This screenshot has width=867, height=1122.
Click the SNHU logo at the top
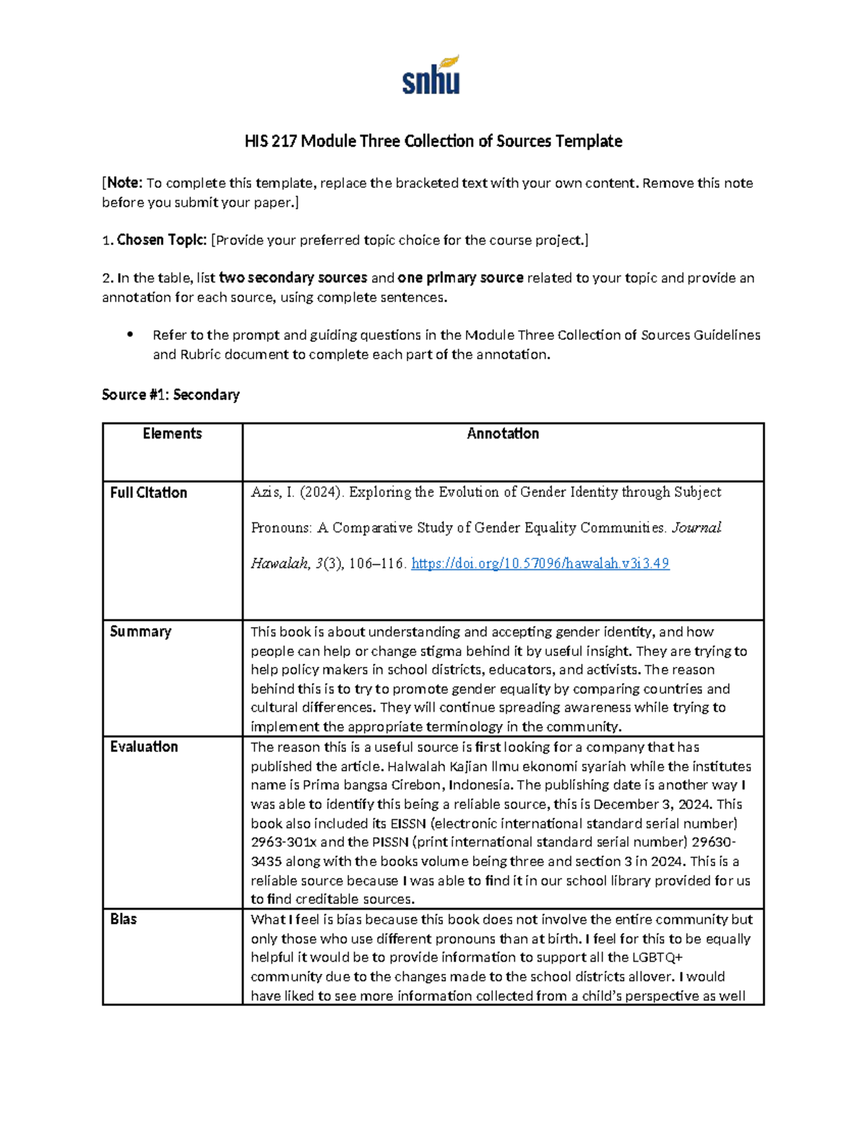[x=431, y=76]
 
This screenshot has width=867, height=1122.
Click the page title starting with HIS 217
[x=433, y=141]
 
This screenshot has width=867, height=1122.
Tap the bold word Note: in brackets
[x=125, y=183]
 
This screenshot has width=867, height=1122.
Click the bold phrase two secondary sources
[x=293, y=277]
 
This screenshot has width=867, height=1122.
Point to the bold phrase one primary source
[x=460, y=277]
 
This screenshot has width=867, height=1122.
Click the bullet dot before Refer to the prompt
[x=130, y=335]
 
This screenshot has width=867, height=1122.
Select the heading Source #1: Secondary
[x=171, y=394]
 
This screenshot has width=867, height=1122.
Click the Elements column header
[x=172, y=433]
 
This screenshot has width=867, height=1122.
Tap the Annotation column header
[x=503, y=433]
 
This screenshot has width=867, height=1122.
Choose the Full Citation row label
[x=148, y=493]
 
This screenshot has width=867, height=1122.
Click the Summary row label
[x=140, y=631]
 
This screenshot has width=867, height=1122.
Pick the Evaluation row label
[x=144, y=746]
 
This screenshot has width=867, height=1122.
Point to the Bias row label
[x=123, y=919]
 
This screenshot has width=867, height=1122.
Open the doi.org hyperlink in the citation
[x=540, y=564]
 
